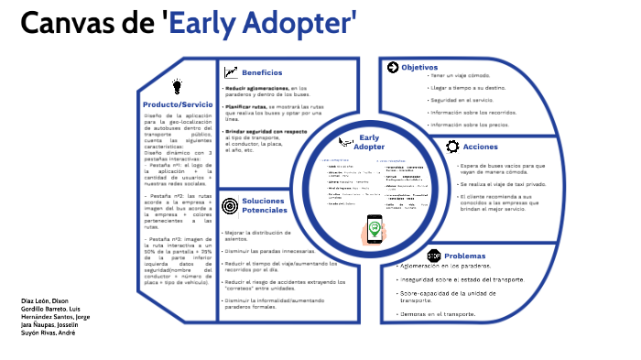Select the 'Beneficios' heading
click(262, 72)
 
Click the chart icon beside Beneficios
click(231, 72)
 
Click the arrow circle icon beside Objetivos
click(393, 67)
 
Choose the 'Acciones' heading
click(481, 147)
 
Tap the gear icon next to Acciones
click(452, 147)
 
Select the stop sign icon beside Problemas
click(434, 256)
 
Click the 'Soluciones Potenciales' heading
click(265, 206)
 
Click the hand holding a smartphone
click(374, 228)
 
